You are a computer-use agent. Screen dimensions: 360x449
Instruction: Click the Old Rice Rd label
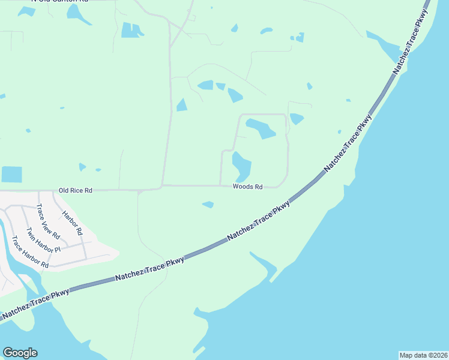point(76,190)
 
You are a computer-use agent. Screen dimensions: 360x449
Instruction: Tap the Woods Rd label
point(248,187)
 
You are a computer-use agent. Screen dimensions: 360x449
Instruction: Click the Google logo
point(20,353)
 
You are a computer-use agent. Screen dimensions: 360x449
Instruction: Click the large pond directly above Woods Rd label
point(241,164)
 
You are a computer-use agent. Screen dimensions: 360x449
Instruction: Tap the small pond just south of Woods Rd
point(208,205)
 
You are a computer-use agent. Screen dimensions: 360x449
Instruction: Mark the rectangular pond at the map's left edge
point(11,174)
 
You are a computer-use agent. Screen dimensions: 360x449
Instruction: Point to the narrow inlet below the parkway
point(264,265)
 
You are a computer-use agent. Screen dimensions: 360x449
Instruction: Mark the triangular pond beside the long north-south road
point(182,106)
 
